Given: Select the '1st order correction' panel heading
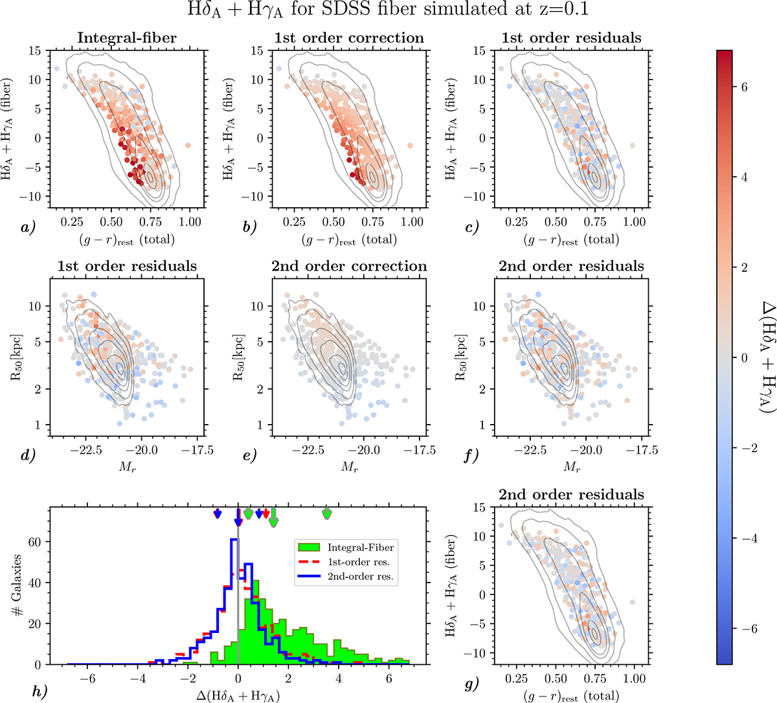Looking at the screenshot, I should coord(349,38).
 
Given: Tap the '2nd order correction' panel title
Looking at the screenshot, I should coord(349,266).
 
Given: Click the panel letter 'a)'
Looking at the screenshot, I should coord(27,227).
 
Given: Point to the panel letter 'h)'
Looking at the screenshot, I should coord(39,690).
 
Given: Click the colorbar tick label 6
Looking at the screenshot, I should coord(744,87).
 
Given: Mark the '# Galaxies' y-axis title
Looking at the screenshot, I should coord(18,585).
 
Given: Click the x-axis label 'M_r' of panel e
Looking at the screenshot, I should coord(350,467).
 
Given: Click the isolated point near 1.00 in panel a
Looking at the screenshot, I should coord(188,146).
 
